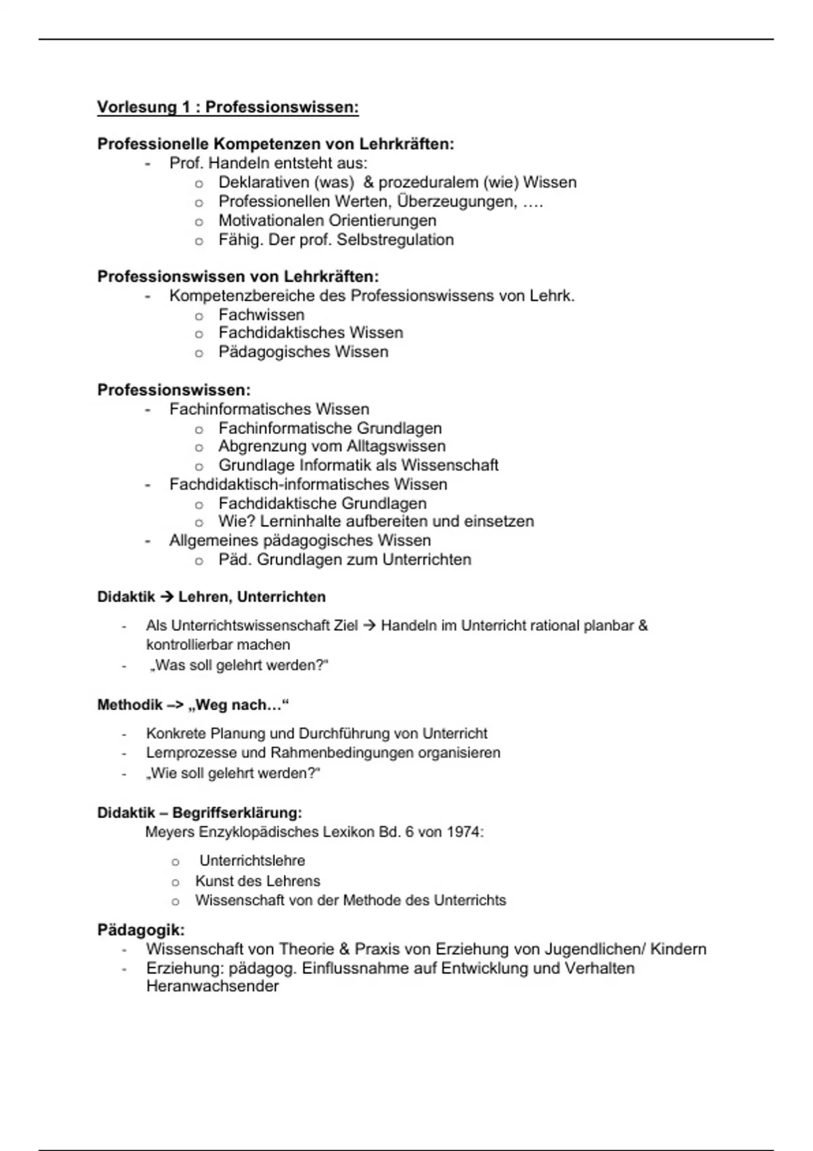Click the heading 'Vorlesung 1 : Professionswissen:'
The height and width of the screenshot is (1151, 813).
[228, 108]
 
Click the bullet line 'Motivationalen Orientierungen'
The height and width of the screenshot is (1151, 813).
[327, 221]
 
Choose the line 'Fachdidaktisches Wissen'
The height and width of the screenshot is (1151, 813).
[310, 333]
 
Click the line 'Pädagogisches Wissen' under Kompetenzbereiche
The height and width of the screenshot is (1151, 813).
[303, 352]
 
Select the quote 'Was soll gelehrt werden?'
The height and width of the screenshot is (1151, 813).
[238, 666]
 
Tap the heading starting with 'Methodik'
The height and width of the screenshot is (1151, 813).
[193, 705]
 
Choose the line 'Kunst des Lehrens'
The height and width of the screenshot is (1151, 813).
[257, 882]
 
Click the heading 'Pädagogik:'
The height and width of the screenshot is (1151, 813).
[141, 930]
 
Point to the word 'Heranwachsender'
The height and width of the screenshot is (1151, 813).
[212, 986]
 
